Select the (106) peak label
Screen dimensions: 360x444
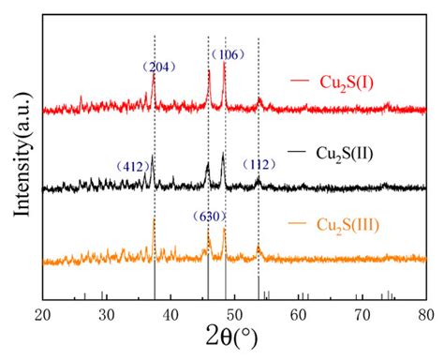227,53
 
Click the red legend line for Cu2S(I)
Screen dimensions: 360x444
299,82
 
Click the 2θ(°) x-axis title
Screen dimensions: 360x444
234,338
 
